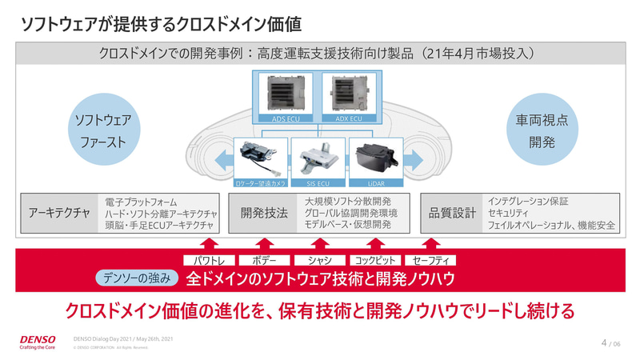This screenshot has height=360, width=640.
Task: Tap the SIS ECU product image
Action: (x=319, y=156)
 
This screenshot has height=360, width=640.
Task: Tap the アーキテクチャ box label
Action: (x=58, y=214)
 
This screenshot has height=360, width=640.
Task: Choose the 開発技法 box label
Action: (x=264, y=214)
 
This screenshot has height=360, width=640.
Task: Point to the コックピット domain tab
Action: (x=375, y=260)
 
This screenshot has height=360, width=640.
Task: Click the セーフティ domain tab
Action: (x=430, y=260)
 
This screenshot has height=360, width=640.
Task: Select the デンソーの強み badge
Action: (x=135, y=278)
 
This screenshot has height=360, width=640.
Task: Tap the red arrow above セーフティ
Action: (x=430, y=243)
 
